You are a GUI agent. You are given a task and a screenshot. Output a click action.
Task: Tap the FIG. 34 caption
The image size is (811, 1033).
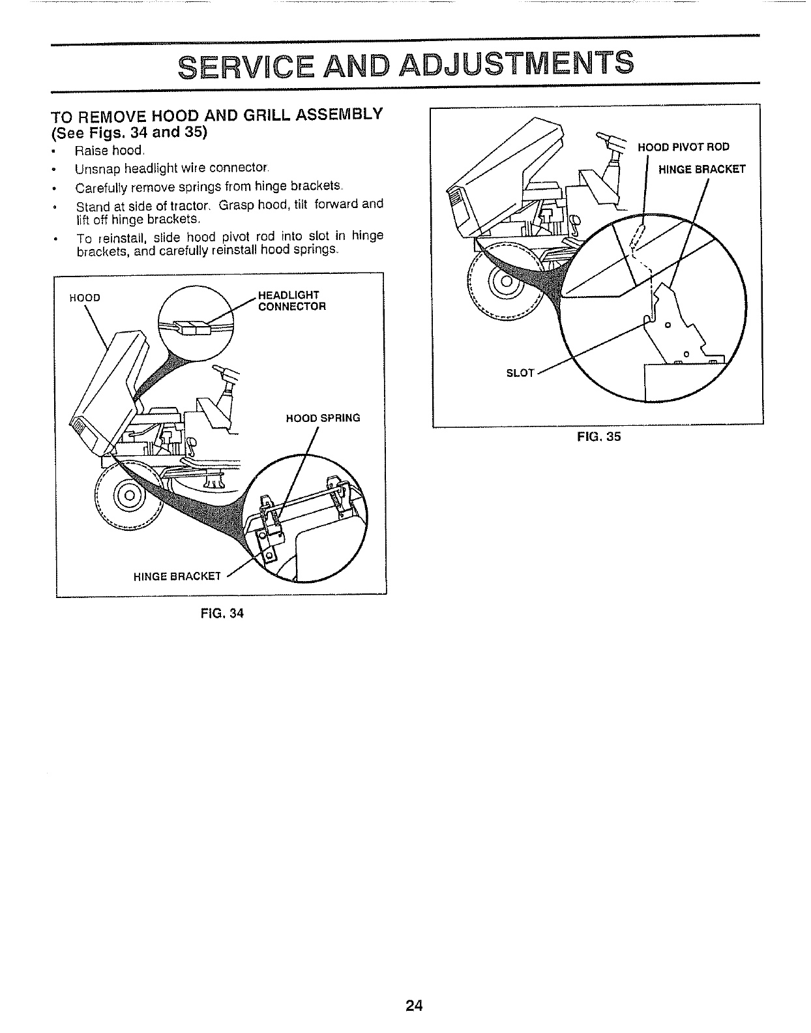[x=222, y=613]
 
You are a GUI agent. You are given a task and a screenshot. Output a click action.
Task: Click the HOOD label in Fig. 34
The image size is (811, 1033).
[x=85, y=298]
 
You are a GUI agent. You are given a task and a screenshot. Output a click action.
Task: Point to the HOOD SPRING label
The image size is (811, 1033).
[x=323, y=417]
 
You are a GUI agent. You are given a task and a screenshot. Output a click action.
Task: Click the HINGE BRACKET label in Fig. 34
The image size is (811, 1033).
[x=177, y=576]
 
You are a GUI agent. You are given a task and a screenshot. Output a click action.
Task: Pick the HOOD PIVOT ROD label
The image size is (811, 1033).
[x=684, y=147]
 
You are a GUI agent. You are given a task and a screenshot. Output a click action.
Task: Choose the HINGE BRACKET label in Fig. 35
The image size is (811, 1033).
[x=701, y=170]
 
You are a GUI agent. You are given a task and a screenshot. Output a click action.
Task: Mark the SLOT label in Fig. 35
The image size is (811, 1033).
[x=520, y=373]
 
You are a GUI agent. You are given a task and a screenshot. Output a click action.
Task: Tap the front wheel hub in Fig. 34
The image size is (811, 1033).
[x=128, y=494]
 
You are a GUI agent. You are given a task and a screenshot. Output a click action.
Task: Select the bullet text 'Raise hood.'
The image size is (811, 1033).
[x=109, y=151]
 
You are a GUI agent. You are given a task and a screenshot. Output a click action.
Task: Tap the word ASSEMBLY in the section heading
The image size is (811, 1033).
[x=333, y=115]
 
